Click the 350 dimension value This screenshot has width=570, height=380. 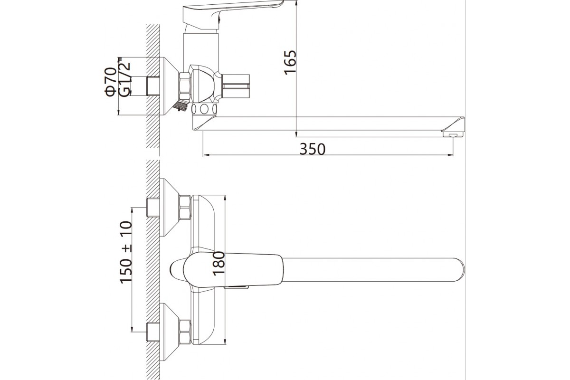pos(312,149)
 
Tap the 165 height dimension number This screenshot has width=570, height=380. pos(290,63)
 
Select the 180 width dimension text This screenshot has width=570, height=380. pos(218,264)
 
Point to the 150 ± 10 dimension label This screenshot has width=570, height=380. pos(126,253)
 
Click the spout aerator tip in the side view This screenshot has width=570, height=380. pos(453,134)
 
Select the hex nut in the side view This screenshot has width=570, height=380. pos(185,86)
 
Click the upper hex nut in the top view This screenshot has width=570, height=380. pos(185,208)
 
